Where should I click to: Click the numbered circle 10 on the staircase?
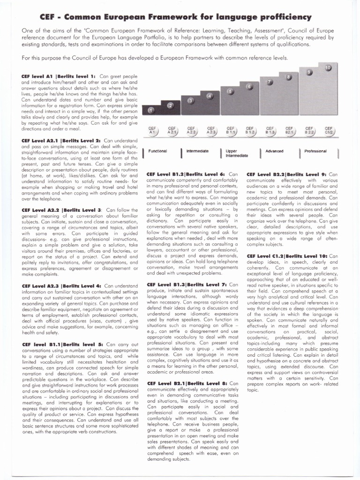[328, 68]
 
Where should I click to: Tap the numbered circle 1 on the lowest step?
[151, 110]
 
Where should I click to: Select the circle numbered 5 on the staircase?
[230, 91]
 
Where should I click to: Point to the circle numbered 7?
[270, 82]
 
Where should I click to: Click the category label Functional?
[158, 151]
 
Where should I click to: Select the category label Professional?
[315, 151]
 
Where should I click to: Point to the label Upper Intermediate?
[236, 153]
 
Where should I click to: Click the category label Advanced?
[275, 151]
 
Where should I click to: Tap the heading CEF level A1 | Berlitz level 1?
[59, 76]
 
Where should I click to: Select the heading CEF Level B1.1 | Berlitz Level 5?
[62, 344]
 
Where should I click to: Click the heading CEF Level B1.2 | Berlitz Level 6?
[187, 174]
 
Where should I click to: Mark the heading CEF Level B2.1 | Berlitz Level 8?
[187, 383]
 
